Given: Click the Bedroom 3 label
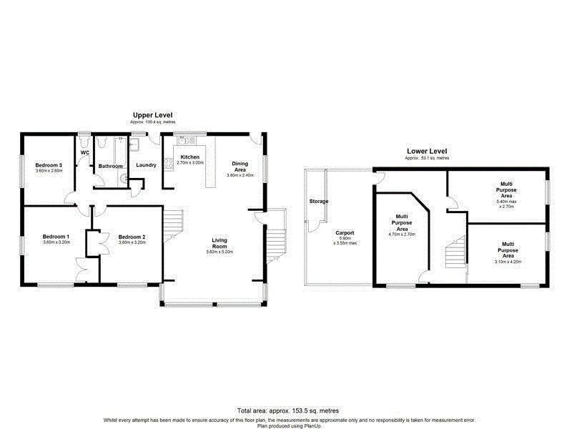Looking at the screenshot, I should coord(49,165).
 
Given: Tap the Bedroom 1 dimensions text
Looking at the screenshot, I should coord(56,242).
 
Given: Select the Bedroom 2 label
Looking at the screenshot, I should coord(132,237).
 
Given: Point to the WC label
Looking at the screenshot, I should coord(84,153).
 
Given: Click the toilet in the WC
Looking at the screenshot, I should coord(84,143).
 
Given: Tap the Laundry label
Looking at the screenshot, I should coord(146,165).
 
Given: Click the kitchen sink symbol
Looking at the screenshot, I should coord(183,140).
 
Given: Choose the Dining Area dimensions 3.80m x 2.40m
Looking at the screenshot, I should coord(240,175).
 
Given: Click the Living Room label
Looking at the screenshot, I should coord(220,243).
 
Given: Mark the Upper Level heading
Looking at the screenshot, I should coord(152,115).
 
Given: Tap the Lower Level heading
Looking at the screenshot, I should coord(427,151).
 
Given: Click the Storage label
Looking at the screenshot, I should coord(319,202).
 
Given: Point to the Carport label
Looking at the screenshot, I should coord(345,232).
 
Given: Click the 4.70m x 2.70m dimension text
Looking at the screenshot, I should coord(402,234).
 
